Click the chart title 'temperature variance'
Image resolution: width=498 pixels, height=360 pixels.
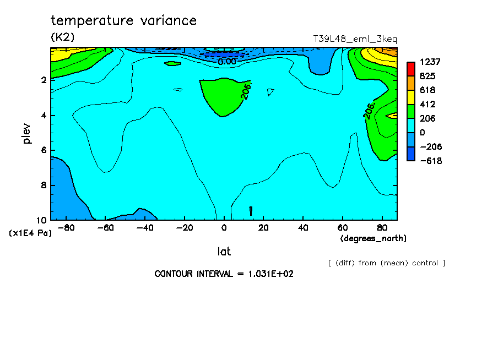(123, 21)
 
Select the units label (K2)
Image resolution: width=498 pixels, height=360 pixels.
(62, 37)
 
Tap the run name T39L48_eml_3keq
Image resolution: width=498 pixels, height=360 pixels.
(355, 39)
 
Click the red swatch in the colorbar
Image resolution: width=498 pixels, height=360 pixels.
(411, 68)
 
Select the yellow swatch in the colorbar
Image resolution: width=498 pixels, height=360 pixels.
(411, 97)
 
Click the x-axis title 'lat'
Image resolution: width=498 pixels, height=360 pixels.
(224, 252)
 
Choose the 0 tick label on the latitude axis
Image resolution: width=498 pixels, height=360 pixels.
(224, 227)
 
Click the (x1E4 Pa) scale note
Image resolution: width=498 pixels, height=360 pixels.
(30, 233)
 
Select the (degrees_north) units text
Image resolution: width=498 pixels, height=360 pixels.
(373, 238)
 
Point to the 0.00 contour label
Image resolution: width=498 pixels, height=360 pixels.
(226, 62)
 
